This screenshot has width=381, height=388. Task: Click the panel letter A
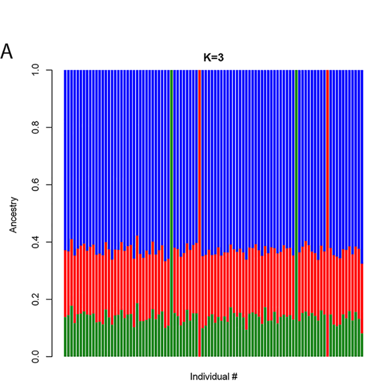7,51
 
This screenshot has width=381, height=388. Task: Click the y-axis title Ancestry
14,215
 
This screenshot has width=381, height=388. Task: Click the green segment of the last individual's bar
362,345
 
